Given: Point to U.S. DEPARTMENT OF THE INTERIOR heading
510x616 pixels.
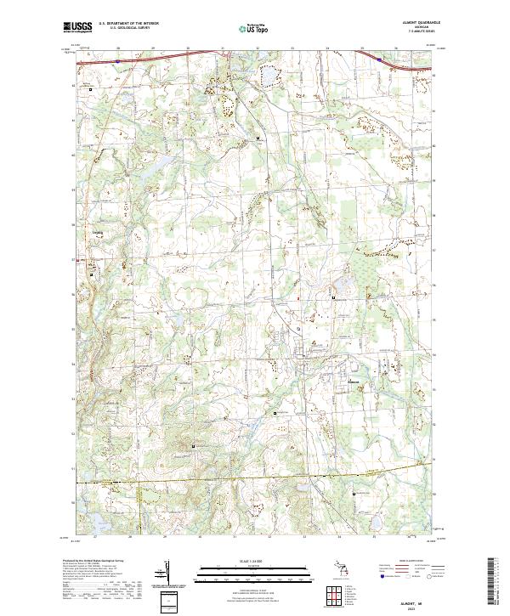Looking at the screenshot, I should point(128,23).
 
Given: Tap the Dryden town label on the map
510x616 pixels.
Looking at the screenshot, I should point(96,228).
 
